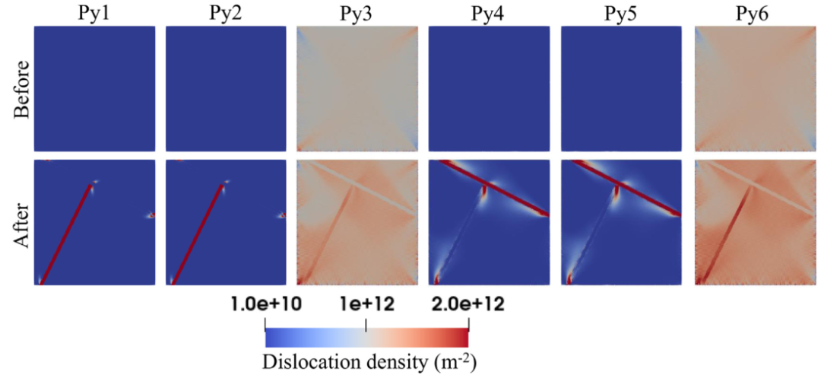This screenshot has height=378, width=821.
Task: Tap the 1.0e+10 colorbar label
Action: tap(265, 304)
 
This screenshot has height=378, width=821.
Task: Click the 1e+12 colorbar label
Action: tap(366, 304)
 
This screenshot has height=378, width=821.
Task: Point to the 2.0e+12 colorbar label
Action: tap(468, 304)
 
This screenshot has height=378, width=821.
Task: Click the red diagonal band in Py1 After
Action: tap(67, 232)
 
